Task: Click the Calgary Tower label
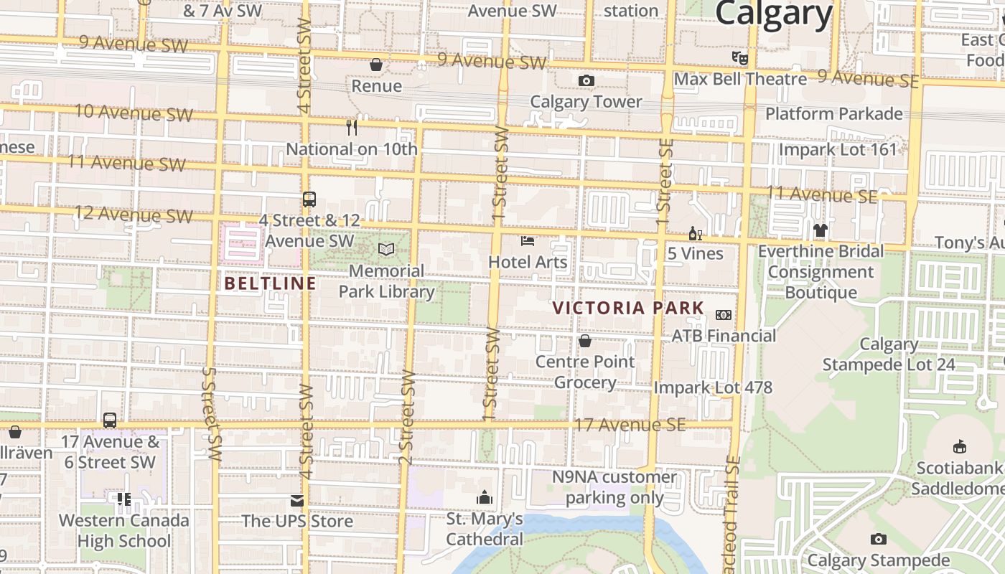tap(586, 102)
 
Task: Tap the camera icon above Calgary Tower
tap(586, 80)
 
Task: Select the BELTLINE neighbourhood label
tap(270, 283)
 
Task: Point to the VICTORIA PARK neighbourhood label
tap(628, 309)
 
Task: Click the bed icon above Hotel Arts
tap(528, 241)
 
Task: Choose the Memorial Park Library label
tap(386, 281)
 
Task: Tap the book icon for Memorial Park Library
tap(386, 250)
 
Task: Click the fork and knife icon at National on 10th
tap(352, 128)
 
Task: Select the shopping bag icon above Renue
tap(375, 65)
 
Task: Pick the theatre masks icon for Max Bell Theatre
tap(739, 57)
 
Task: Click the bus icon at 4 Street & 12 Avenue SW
tap(309, 199)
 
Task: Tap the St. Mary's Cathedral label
tap(485, 529)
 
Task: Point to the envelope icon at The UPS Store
tap(297, 500)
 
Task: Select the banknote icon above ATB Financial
tap(724, 315)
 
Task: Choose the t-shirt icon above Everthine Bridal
tap(821, 230)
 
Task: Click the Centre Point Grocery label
tap(585, 372)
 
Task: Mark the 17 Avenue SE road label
tap(630, 425)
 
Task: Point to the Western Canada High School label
tap(124, 530)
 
